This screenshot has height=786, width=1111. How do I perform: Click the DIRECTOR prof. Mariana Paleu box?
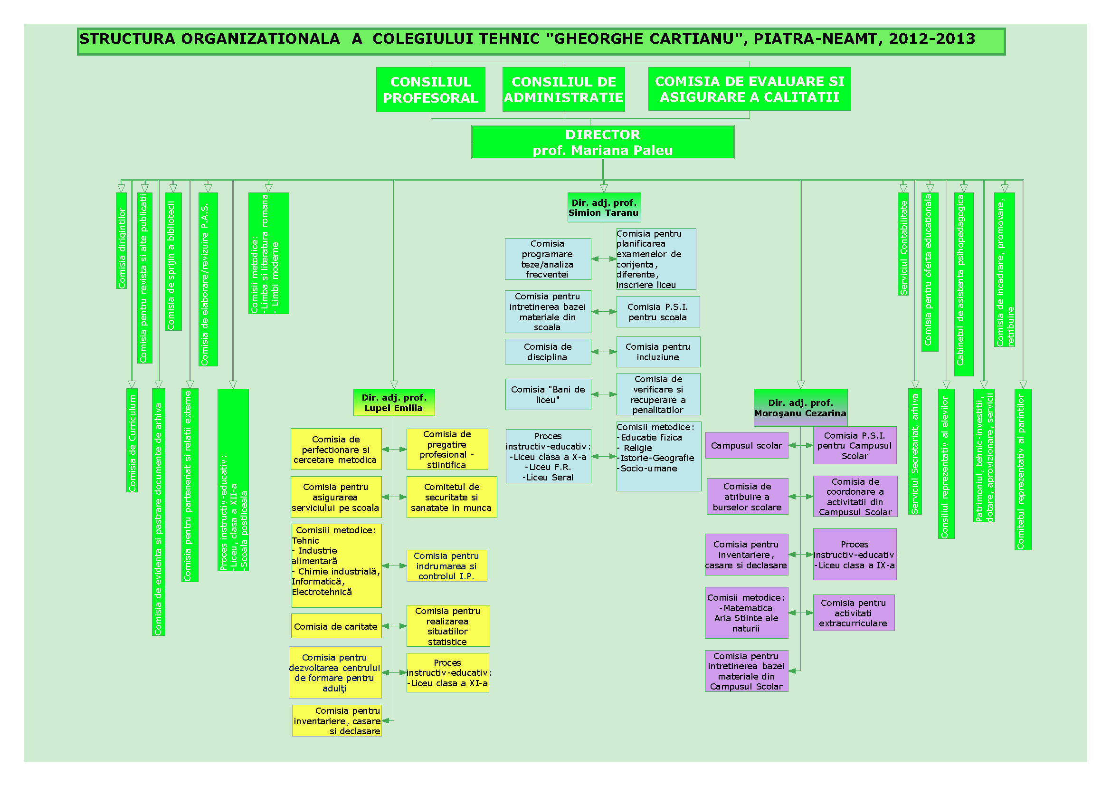(602, 142)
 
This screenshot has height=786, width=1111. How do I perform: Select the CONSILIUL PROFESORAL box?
(430, 90)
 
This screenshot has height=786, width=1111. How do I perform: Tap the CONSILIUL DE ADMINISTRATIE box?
(563, 90)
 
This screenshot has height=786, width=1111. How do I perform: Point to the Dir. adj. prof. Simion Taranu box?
(603, 208)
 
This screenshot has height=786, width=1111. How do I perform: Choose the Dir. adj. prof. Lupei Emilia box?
(394, 403)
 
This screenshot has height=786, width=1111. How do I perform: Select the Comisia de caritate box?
(336, 627)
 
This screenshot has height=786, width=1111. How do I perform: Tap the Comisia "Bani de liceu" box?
(548, 394)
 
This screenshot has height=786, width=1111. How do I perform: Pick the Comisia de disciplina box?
(548, 352)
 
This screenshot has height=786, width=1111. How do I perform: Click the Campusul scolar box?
(746, 446)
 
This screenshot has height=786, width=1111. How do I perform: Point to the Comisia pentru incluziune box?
(657, 352)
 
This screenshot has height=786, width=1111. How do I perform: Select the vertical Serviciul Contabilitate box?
(903, 244)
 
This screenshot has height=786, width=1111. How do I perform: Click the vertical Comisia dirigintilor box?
(122, 241)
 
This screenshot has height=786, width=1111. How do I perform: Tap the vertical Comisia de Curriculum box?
(132, 441)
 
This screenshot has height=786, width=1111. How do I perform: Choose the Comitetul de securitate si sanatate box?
(451, 498)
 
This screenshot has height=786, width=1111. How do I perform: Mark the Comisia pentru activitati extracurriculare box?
(853, 613)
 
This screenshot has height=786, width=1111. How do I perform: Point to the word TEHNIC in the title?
(508, 38)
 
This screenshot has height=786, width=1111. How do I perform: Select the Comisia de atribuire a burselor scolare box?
(747, 497)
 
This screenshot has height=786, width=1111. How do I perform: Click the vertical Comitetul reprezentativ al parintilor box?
(1023, 470)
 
